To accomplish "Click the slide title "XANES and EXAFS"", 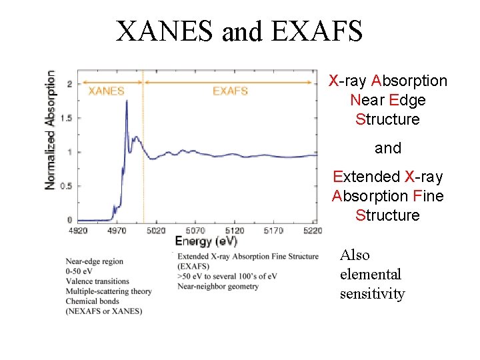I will pyautogui.click(x=239, y=31).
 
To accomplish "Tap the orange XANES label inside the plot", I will pyautogui.click(x=107, y=91).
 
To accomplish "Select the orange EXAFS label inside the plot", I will pyautogui.click(x=230, y=91).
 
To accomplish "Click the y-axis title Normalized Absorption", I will pyautogui.click(x=51, y=130).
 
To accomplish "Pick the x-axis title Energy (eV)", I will pyautogui.click(x=206, y=241).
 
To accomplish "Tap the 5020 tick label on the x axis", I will pyautogui.click(x=155, y=231).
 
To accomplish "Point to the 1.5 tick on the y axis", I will pyautogui.click(x=65, y=118).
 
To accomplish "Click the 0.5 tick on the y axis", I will pyautogui.click(x=65, y=186).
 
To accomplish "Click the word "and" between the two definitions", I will pyautogui.click(x=388, y=148).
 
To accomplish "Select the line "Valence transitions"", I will pyautogui.click(x=98, y=281).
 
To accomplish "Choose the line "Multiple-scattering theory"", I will pyautogui.click(x=109, y=291).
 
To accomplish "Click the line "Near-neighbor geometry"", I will pyautogui.click(x=218, y=287).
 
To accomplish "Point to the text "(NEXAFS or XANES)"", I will pyautogui.click(x=103, y=311).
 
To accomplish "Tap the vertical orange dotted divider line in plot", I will pyautogui.click(x=144, y=167).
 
